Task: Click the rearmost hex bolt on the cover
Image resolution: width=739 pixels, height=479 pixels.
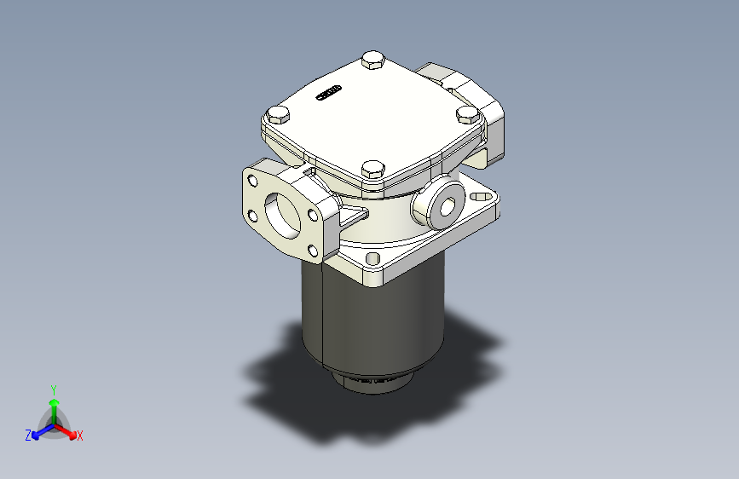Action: coord(372,60)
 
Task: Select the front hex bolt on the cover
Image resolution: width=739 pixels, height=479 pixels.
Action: coord(372,170)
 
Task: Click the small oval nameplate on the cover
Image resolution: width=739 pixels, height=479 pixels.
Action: coord(329,92)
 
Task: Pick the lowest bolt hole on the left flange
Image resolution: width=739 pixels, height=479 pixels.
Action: coord(313,251)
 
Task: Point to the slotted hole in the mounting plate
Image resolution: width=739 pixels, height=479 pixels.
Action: coord(481,197)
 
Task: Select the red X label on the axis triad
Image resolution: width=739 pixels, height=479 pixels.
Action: coord(80,436)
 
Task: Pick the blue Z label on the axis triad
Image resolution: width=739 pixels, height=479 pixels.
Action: coord(28,436)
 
